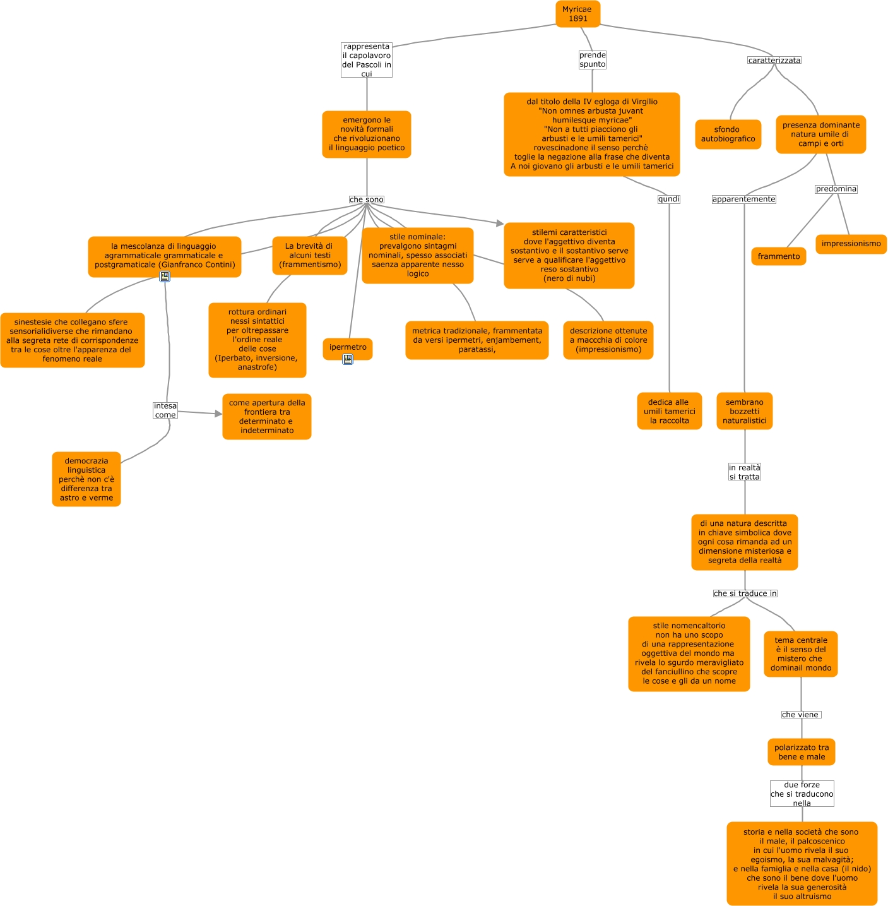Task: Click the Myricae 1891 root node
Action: point(577,14)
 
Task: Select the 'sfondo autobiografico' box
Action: point(728,134)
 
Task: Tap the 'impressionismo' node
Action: point(851,244)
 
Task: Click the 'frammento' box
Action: point(778,256)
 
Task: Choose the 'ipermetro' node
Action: point(347,348)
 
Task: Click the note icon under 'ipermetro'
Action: point(348,359)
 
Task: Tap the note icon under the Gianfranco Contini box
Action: point(165,277)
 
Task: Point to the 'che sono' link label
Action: point(366,200)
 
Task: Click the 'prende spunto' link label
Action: point(592,59)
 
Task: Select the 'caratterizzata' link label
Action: point(774,61)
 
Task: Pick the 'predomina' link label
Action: point(836,189)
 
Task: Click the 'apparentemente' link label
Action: point(743,200)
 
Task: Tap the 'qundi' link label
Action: point(668,200)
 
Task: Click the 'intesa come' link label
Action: point(165,410)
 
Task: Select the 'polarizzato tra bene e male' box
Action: point(801,752)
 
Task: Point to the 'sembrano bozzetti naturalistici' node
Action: point(744,411)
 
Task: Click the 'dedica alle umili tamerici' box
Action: point(669,411)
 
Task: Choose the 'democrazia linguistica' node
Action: point(86,479)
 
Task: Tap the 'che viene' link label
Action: point(800,715)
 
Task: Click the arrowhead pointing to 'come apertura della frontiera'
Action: point(218,414)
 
